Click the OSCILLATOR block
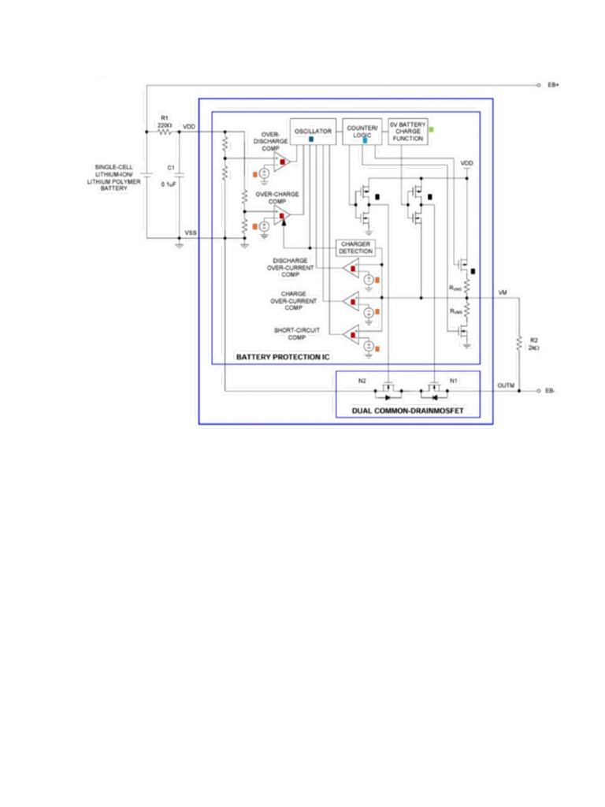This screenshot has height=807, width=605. tap(313, 131)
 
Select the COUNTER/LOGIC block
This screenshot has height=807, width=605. tap(362, 131)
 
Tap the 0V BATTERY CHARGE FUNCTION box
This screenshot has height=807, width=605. tap(407, 131)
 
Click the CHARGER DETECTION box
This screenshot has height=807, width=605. tap(356, 247)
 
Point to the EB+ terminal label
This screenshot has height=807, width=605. tap(553, 84)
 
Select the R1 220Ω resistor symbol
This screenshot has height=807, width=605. tap(165, 132)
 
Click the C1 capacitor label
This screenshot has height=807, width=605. tap(170, 167)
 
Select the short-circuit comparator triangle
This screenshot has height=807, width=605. tap(351, 335)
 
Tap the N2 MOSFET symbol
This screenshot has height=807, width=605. tap(388, 389)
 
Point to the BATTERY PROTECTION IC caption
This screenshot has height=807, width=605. tap(283, 358)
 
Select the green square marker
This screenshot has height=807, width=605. tap(430, 129)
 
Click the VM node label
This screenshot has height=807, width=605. tap(503, 292)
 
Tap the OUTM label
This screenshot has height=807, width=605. tap(507, 385)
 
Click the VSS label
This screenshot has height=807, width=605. tap(191, 233)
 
